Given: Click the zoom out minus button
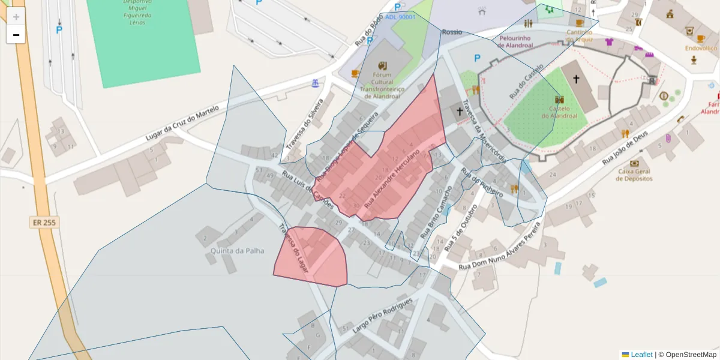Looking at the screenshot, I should point(16,35).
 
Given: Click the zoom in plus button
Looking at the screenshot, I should point(16,17).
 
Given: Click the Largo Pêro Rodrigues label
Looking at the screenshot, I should point(383,315).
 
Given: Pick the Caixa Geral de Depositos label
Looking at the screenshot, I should point(634,175).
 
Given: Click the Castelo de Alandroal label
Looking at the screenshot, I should point(559,112).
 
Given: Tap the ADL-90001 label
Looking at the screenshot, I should point(400,17).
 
